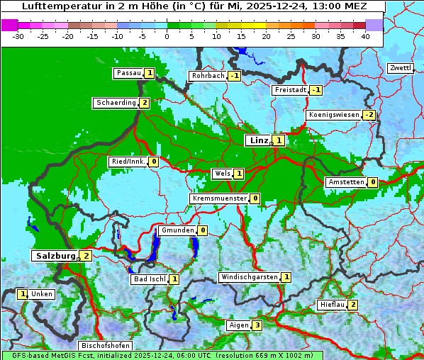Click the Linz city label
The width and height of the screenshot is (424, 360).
tap(258, 140)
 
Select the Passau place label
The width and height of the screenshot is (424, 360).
tap(128, 73)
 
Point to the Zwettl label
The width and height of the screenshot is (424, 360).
tap(400, 68)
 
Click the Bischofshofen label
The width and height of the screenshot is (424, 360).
tap(105, 346)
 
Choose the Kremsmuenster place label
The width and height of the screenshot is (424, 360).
tap(219, 198)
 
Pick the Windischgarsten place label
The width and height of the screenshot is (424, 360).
tap(248, 277)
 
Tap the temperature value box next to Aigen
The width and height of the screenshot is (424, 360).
tap(257, 325)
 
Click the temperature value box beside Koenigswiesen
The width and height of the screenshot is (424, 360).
tap(369, 115)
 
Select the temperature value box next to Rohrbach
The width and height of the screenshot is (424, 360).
tap(234, 76)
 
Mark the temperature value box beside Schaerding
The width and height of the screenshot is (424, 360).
tap(144, 103)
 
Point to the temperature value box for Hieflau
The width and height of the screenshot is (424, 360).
tap(352, 305)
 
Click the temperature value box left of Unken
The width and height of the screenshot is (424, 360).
tap(22, 293)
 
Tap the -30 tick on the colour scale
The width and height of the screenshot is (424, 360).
tap(18, 36)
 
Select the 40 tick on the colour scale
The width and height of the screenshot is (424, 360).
tap(365, 36)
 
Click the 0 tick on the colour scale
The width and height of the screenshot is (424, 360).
tap(167, 36)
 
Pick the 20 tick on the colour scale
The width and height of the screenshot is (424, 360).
tap(266, 36)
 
